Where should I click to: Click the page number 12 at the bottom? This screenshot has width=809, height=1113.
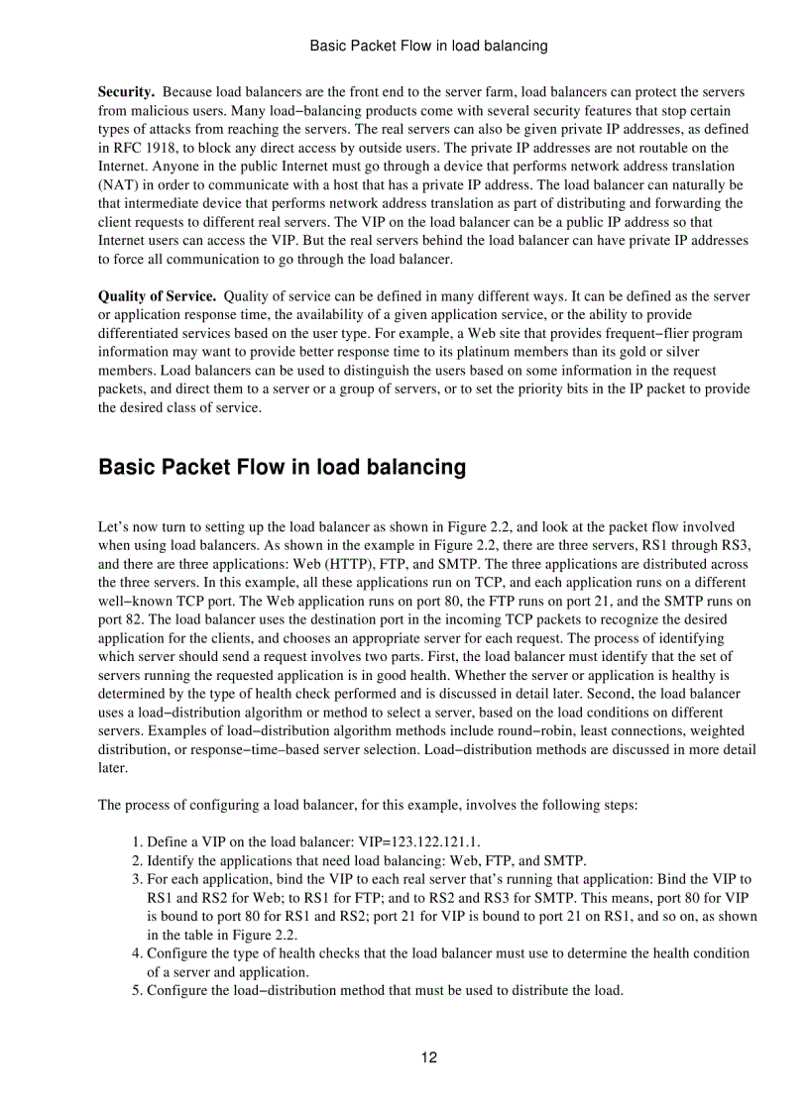pyautogui.click(x=428, y=1057)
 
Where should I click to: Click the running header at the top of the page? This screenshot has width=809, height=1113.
pyautogui.click(x=428, y=46)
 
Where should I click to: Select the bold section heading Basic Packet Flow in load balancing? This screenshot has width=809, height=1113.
pyautogui.click(x=282, y=467)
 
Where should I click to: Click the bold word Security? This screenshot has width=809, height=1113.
pyautogui.click(x=126, y=92)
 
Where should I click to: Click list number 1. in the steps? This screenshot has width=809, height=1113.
pyautogui.click(x=138, y=841)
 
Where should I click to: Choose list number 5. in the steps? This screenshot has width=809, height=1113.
pyautogui.click(x=138, y=990)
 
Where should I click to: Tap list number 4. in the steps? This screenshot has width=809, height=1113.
pyautogui.click(x=138, y=953)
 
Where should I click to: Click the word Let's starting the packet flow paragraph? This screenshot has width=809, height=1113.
pyautogui.click(x=114, y=527)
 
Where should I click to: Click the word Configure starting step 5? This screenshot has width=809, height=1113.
pyautogui.click(x=177, y=990)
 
